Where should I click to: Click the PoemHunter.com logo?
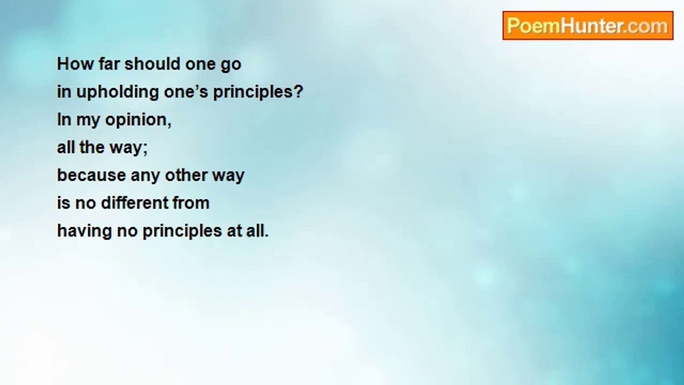point(587,26)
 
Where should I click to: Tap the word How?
point(69,64)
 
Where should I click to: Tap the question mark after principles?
point(298,92)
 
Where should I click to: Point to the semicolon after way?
point(144,149)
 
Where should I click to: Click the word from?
point(191,203)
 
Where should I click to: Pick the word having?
point(82,232)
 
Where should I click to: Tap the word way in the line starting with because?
point(229,176)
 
